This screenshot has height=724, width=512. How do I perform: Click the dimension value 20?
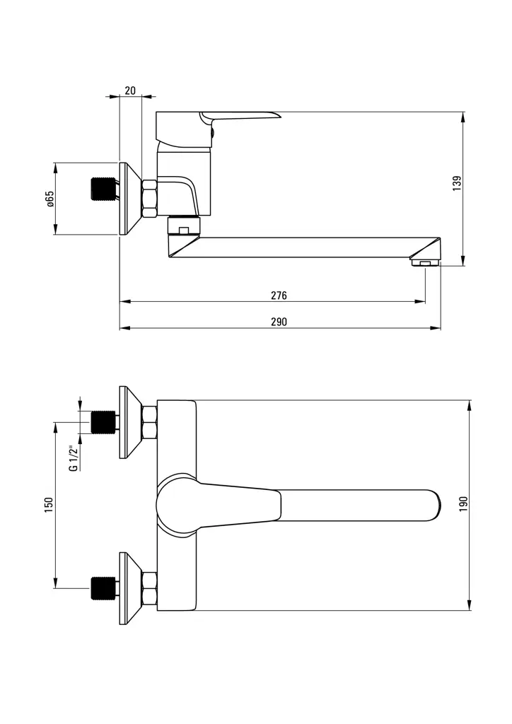[x=130, y=90]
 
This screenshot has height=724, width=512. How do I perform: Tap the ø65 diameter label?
[x=50, y=199]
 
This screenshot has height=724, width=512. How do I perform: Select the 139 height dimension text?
[x=457, y=182]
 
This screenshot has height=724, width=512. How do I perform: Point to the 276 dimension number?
[x=279, y=295]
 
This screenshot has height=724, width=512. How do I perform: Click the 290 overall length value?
[x=279, y=322]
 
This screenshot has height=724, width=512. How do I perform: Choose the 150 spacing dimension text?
[x=49, y=504]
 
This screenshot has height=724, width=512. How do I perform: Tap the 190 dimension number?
[x=464, y=504]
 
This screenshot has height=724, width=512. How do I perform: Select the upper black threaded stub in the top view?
[x=103, y=422]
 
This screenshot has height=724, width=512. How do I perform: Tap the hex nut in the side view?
[x=149, y=199]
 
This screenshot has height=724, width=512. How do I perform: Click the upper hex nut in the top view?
[x=149, y=423]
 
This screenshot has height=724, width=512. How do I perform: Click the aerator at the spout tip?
[x=424, y=263]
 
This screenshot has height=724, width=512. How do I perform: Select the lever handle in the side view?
[x=240, y=116]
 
